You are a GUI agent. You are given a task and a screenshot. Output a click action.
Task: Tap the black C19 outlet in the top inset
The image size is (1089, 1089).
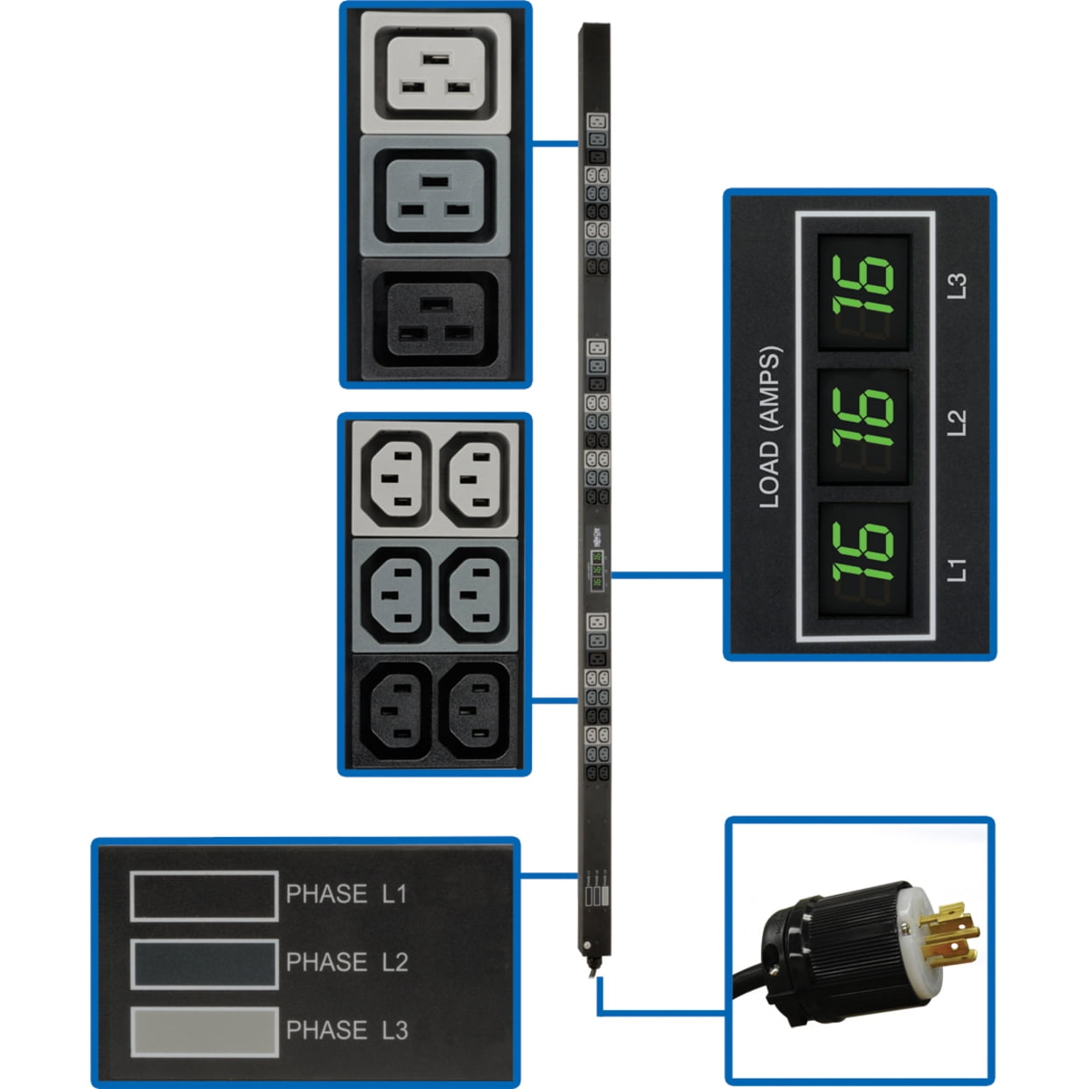[436, 319]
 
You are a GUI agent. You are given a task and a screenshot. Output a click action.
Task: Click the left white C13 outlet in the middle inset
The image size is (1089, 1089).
[395, 478]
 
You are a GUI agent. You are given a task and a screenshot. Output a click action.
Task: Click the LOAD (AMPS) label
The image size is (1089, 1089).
[769, 428]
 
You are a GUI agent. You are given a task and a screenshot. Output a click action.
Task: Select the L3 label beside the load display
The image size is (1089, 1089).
[957, 286]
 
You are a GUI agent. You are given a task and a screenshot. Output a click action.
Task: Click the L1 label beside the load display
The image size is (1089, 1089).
[957, 569]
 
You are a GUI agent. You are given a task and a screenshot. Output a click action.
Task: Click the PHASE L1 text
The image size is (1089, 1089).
[346, 894]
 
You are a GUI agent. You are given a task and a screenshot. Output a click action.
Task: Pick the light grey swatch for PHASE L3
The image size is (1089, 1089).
[204, 1031]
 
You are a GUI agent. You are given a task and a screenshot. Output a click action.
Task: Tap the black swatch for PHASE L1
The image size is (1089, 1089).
[204, 896]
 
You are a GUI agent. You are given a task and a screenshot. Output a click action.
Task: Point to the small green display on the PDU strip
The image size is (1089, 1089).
[597, 569]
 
